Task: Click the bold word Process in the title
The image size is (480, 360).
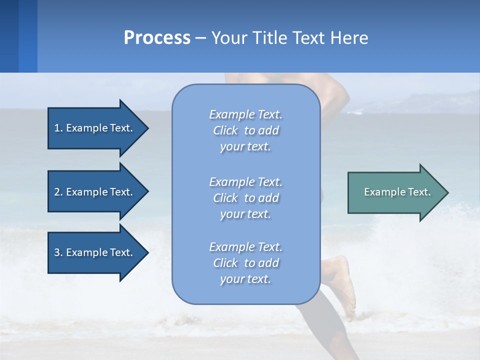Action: tap(157, 38)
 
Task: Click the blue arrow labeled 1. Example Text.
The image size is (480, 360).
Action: tap(95, 128)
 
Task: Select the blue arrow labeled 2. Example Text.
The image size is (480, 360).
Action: tap(95, 192)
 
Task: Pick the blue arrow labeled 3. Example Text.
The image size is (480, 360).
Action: tap(95, 252)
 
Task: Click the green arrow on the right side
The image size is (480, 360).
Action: tap(395, 192)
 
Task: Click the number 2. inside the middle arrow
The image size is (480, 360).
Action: tap(58, 192)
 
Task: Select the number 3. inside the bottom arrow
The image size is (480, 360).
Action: tap(58, 252)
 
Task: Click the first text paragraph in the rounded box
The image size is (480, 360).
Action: tap(245, 130)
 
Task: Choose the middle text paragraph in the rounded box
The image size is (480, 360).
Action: tap(245, 198)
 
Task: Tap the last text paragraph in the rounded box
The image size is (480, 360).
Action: tap(245, 263)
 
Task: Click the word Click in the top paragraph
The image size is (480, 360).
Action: tap(225, 130)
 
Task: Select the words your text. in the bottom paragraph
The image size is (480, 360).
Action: tap(245, 279)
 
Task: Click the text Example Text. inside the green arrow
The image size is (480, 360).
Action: tap(397, 192)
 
